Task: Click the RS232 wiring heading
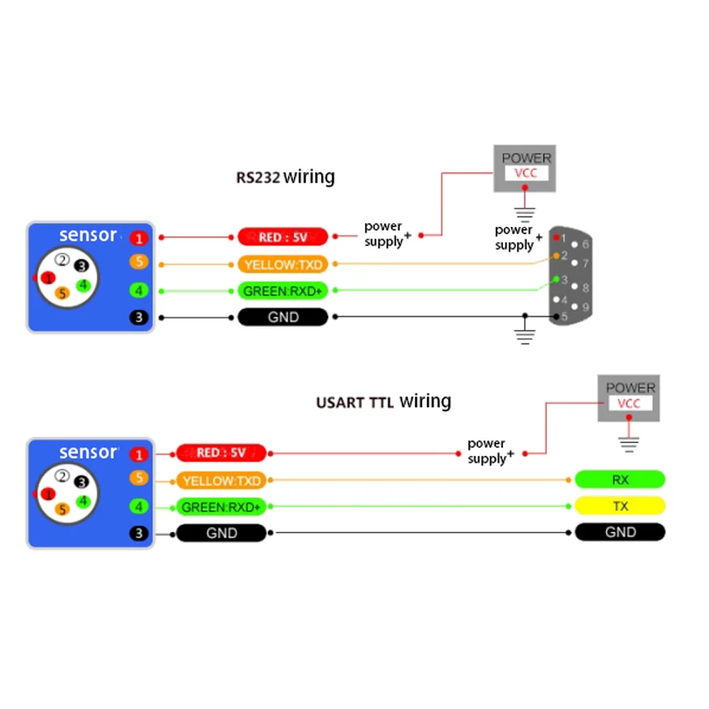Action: (285, 176)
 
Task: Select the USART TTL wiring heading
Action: (383, 402)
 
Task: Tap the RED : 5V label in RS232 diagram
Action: (283, 237)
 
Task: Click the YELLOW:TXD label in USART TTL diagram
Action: (221, 480)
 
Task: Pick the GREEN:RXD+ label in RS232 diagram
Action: (283, 291)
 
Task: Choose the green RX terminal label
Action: (620, 479)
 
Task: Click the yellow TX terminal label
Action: (620, 505)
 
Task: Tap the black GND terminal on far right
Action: (620, 532)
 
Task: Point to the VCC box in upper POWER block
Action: (526, 172)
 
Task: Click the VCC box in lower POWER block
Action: (629, 403)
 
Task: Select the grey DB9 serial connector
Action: (571, 275)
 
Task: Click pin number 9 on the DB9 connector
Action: (585, 307)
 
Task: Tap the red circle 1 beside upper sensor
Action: (139, 238)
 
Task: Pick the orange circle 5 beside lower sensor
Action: (139, 477)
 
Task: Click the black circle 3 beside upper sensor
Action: (139, 318)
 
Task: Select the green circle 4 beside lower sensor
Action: (139, 506)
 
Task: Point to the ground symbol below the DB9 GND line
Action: (525, 336)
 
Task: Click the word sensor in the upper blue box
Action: (88, 235)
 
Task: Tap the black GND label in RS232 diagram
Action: (283, 317)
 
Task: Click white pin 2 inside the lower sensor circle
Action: (62, 476)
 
